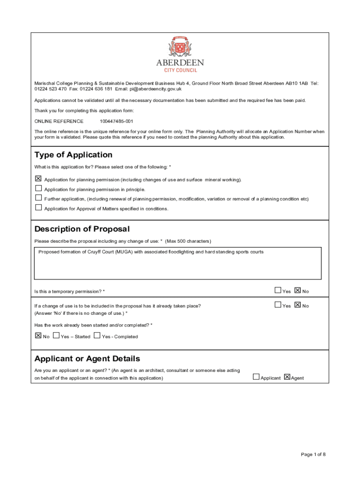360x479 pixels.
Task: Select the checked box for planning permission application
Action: [x=38, y=179]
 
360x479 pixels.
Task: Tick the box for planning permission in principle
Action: [x=38, y=188]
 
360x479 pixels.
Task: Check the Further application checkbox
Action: [x=38, y=198]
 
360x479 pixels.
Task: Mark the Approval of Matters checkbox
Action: [x=38, y=207]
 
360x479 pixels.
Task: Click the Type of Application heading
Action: [x=73, y=155]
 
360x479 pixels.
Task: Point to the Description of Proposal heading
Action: [x=82, y=229]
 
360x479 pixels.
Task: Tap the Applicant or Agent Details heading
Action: [x=87, y=359]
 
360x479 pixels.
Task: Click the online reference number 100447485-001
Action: [x=113, y=121]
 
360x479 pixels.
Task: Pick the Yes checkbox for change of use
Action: [x=278, y=305]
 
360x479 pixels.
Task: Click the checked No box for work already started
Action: [x=38, y=335]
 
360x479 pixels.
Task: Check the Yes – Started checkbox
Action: [x=56, y=335]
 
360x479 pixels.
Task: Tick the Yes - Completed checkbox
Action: [x=97, y=335]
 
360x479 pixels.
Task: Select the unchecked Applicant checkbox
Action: [x=256, y=377]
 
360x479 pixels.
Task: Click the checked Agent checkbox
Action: [x=287, y=377]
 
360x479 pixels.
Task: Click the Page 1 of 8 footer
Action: [x=313, y=454]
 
